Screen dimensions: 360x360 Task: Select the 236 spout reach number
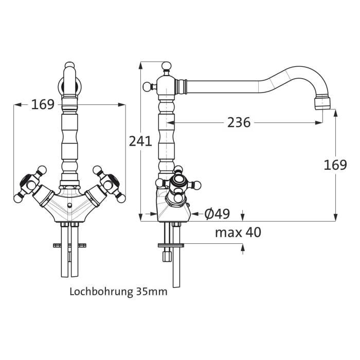click(239, 122)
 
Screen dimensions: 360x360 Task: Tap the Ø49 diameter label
click(217, 213)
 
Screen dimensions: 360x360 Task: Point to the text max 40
click(238, 232)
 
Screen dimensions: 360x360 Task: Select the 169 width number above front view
click(43, 104)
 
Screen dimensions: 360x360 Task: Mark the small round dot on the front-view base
click(69, 205)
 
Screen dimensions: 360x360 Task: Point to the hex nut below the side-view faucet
click(167, 256)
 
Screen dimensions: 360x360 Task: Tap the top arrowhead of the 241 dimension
click(140, 65)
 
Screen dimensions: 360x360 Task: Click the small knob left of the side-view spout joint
click(146, 85)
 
